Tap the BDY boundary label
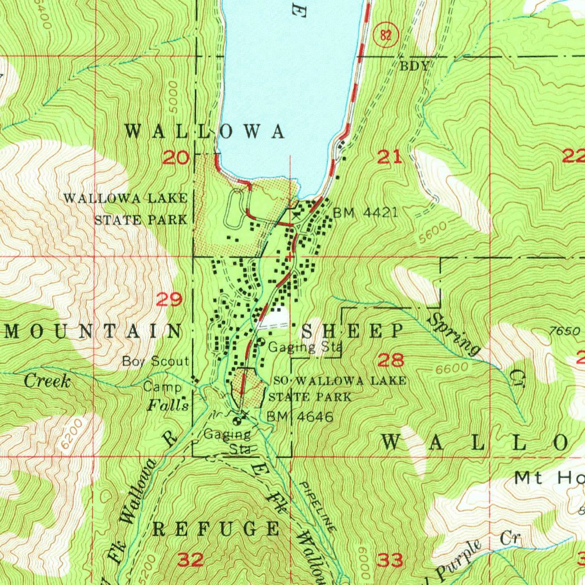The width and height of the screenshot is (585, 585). (x=414, y=66)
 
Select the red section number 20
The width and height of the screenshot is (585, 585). (x=175, y=157)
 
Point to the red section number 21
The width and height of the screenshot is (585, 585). (x=390, y=157)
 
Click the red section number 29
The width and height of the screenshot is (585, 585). (x=170, y=299)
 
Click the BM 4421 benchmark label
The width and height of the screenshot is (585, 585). (x=366, y=214)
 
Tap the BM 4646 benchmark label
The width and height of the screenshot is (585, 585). (x=300, y=416)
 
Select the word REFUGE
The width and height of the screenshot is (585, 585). (x=217, y=529)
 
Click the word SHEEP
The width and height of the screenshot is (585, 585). (x=352, y=331)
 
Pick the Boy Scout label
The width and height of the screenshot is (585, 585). (x=155, y=362)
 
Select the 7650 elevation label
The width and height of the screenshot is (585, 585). (x=561, y=331)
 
